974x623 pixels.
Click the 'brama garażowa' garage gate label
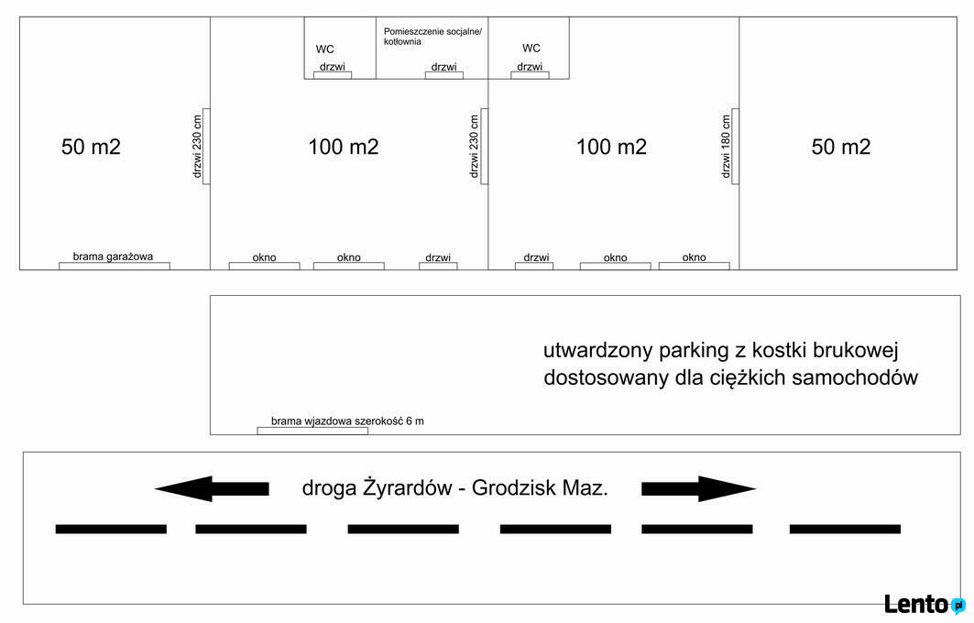tap(113, 257)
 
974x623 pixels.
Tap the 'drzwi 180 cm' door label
tap(727, 147)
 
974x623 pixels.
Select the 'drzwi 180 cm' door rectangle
tap(736, 147)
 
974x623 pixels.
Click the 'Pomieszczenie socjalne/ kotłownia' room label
tap(432, 37)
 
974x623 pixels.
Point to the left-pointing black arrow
tap(212, 489)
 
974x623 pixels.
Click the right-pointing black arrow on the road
tap(698, 489)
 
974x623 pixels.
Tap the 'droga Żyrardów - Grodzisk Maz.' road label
tap(454, 487)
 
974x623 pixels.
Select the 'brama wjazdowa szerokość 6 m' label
tap(347, 421)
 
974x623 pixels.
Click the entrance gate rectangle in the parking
tap(312, 431)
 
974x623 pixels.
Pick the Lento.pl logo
tap(925, 604)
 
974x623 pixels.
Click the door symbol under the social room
tap(444, 75)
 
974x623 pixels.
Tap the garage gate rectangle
tap(115, 266)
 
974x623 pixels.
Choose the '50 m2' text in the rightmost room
tap(841, 147)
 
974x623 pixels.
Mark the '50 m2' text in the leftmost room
tap(91, 147)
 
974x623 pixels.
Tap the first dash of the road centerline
tap(111, 530)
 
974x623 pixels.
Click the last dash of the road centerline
tap(845, 530)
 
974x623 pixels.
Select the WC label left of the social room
tap(325, 49)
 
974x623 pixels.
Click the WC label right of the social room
tap(531, 48)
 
